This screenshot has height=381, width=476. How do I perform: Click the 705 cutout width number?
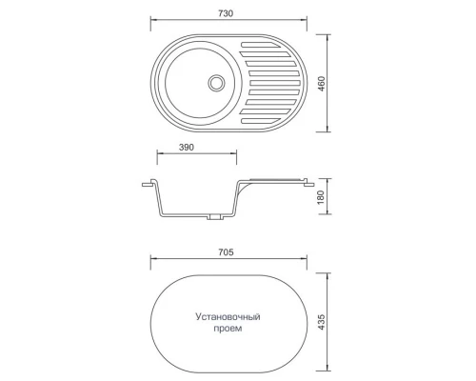pos(227,254)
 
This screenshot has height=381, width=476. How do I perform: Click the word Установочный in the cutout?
pos(228,315)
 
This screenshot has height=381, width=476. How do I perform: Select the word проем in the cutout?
pos(228,328)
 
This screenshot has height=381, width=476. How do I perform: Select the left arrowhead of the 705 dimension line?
pos(153,264)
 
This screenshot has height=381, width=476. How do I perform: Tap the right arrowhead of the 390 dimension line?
pos(235,160)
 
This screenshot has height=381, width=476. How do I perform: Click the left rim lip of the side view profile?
pos(149,181)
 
